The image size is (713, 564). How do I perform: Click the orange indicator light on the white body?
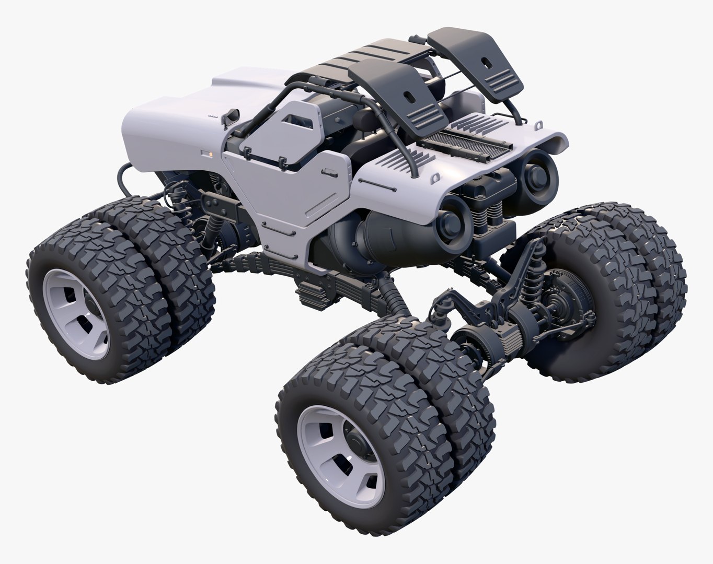point(211,155)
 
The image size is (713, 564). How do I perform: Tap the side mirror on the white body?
point(230,115)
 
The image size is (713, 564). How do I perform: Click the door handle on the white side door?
point(330,172)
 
